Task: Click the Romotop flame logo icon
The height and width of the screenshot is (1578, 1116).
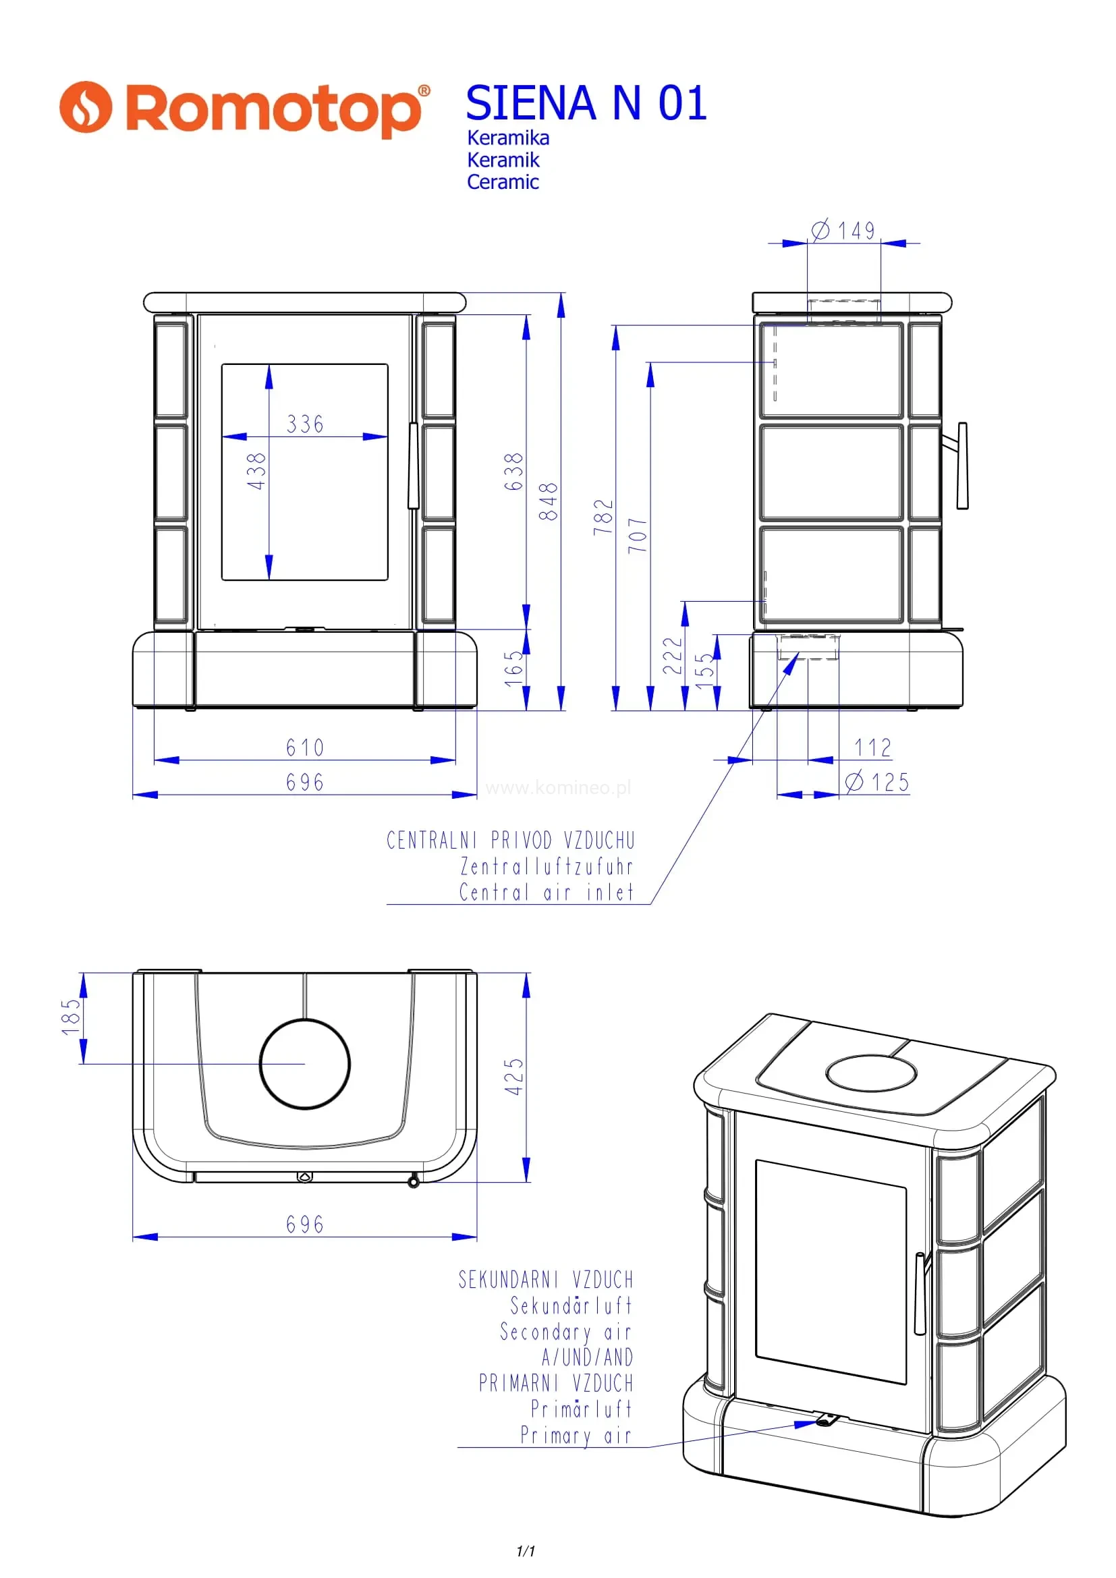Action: (x=85, y=107)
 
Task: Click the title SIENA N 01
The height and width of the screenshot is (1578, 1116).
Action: (x=586, y=103)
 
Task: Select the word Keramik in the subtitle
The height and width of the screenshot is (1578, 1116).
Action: (x=503, y=160)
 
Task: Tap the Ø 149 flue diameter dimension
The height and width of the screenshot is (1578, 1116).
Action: (x=845, y=230)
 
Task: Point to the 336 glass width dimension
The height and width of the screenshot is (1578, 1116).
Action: (x=305, y=424)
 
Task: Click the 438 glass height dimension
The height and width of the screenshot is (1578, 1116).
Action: (x=256, y=471)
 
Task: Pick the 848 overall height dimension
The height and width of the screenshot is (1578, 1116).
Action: (x=549, y=501)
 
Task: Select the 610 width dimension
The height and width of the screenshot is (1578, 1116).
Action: (x=305, y=748)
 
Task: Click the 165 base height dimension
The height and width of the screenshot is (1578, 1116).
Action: (x=514, y=669)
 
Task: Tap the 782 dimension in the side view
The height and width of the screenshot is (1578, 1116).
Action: (x=603, y=517)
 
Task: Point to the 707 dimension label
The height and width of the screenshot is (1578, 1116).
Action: (x=638, y=536)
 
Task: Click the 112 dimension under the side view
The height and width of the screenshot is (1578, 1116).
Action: (x=872, y=748)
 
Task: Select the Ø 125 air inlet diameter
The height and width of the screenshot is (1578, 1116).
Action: (x=878, y=782)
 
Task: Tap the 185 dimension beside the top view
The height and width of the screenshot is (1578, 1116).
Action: (x=71, y=1017)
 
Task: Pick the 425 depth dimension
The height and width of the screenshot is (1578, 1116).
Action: (x=514, y=1077)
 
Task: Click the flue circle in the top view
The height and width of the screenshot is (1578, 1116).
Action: (x=304, y=1064)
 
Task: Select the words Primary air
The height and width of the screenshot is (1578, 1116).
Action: (x=576, y=1435)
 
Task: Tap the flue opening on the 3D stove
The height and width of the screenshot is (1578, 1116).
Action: (x=871, y=1073)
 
